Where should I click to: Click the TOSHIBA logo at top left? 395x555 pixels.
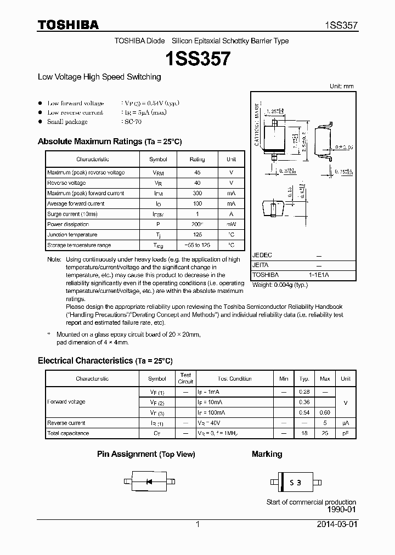[x=68, y=25]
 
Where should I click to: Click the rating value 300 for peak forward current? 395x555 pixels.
[x=197, y=193]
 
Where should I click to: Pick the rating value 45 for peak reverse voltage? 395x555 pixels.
[x=197, y=173]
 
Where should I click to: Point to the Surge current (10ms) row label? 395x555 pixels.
[x=72, y=214]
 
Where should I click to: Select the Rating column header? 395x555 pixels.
[x=197, y=159]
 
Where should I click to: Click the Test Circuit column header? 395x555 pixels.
[x=186, y=378]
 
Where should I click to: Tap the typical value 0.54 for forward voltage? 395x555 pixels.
[x=304, y=412]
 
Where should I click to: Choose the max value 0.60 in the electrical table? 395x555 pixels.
[x=325, y=412]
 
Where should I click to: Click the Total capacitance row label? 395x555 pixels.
[x=68, y=433]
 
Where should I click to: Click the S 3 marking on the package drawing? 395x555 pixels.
[x=295, y=483]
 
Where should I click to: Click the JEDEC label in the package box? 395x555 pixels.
[x=262, y=256]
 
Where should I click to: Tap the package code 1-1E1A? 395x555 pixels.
[x=319, y=275]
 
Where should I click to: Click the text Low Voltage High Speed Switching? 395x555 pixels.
[x=99, y=77]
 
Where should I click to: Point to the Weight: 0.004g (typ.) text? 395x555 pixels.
[x=280, y=285]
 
